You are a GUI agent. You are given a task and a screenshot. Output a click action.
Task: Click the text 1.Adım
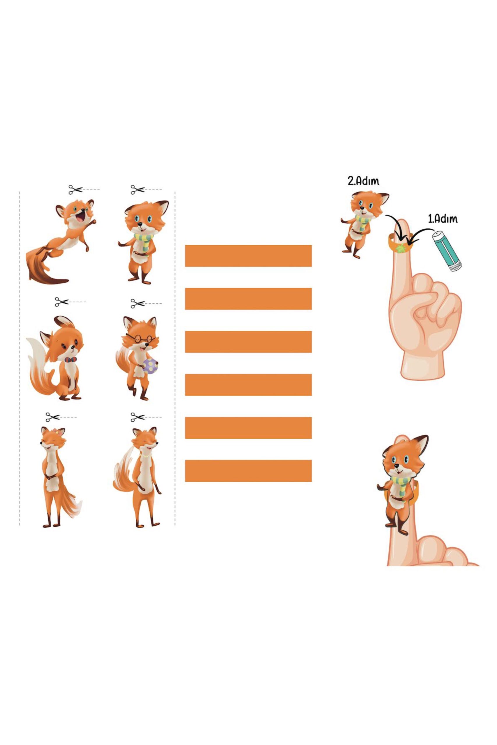pos(443,219)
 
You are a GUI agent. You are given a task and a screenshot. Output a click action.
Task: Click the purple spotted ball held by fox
pos(150,366)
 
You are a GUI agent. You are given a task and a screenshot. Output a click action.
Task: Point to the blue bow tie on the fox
pos(71,360)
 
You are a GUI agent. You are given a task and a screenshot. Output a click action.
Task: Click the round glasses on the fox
pos(140,338)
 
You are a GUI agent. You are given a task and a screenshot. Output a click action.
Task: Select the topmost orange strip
pos(248,256)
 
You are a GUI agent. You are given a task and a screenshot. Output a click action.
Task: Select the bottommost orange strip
pos(248,471)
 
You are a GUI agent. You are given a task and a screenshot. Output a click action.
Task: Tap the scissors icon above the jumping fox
pos(75,190)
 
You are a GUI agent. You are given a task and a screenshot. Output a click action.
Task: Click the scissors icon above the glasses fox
pos(138,303)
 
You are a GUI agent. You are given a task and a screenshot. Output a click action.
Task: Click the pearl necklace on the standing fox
pos(146,455)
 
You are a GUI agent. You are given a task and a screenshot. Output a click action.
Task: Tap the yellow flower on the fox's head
pos(57,431)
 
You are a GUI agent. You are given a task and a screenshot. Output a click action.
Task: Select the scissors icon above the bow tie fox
pos(62,302)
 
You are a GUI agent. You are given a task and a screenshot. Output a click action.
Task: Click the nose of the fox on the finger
pos(396,465)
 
